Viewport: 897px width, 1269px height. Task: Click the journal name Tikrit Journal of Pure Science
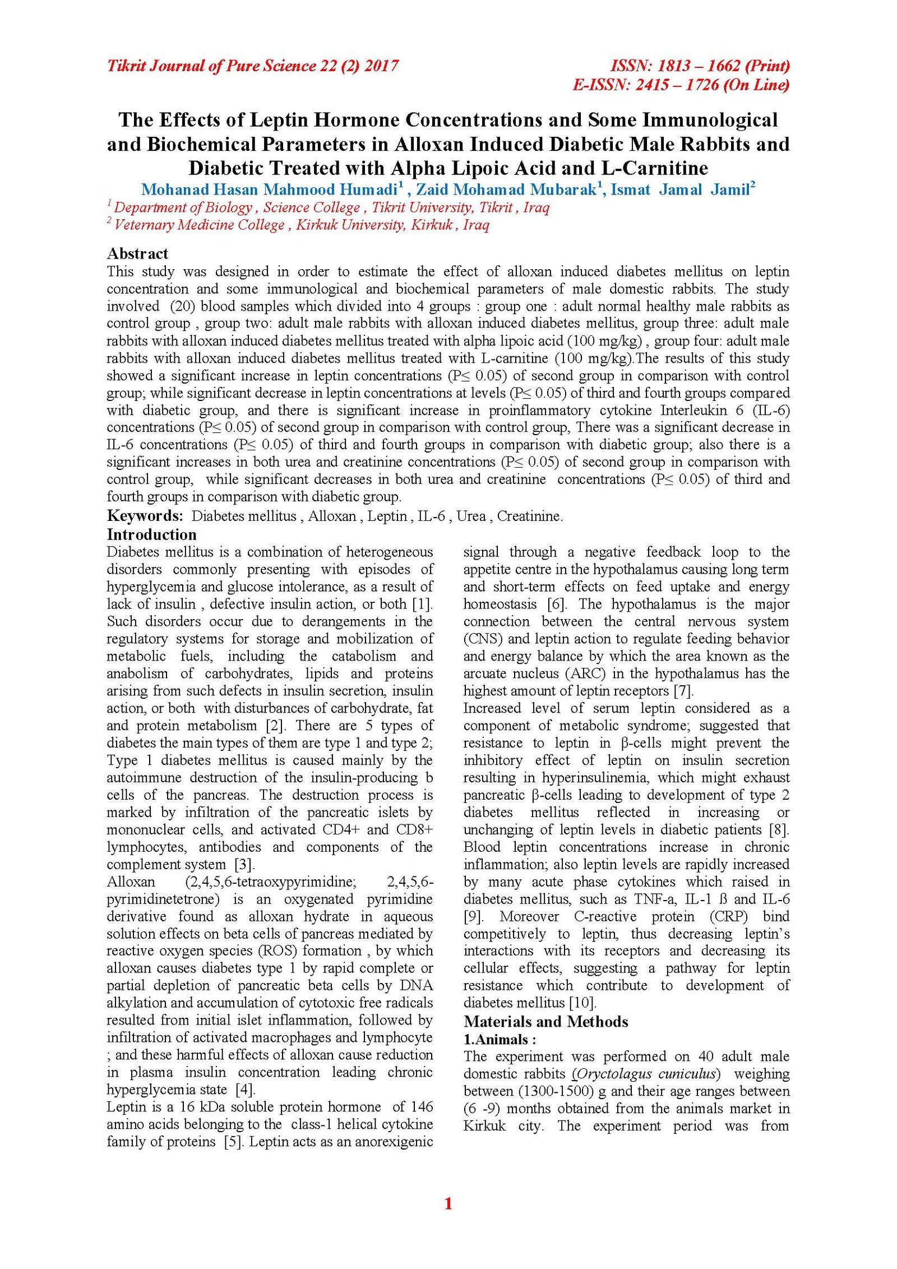point(252,67)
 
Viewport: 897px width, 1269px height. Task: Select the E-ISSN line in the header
point(681,85)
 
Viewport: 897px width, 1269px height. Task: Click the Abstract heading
point(137,253)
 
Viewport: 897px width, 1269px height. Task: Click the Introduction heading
point(151,534)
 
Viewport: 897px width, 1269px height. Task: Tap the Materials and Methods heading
point(545,1021)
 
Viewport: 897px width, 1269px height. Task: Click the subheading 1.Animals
point(499,1039)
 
